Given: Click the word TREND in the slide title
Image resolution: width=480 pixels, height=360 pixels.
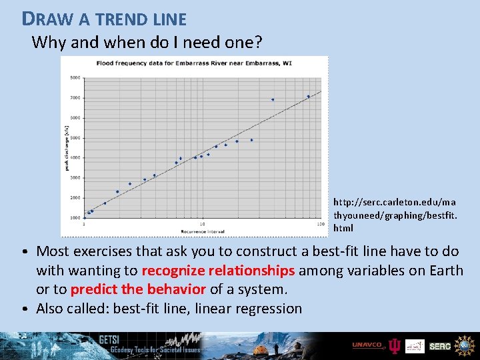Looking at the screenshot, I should [117, 19].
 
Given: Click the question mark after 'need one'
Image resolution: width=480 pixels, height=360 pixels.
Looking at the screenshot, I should [259, 43].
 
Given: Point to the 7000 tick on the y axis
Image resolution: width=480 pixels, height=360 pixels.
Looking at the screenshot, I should [75, 98].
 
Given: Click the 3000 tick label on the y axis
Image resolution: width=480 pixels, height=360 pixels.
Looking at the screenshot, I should [75, 178].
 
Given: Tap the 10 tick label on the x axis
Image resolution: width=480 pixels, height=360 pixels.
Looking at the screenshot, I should [202, 224].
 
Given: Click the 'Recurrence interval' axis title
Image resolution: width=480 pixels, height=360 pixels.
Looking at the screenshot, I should [201, 231].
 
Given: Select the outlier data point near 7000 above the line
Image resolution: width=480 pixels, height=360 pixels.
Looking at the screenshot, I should [273, 100].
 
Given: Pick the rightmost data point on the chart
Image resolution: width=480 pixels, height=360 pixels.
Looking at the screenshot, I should [308, 96].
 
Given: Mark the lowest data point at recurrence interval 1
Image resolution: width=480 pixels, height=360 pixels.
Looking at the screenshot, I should [84, 218].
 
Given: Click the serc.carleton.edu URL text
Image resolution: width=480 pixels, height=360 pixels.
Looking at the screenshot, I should [395, 214].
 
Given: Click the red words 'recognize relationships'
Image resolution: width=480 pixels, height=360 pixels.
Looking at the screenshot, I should [218, 270].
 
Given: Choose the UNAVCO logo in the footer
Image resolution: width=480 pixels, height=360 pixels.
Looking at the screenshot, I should [368, 345].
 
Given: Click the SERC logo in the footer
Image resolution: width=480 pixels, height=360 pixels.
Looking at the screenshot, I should [440, 345].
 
